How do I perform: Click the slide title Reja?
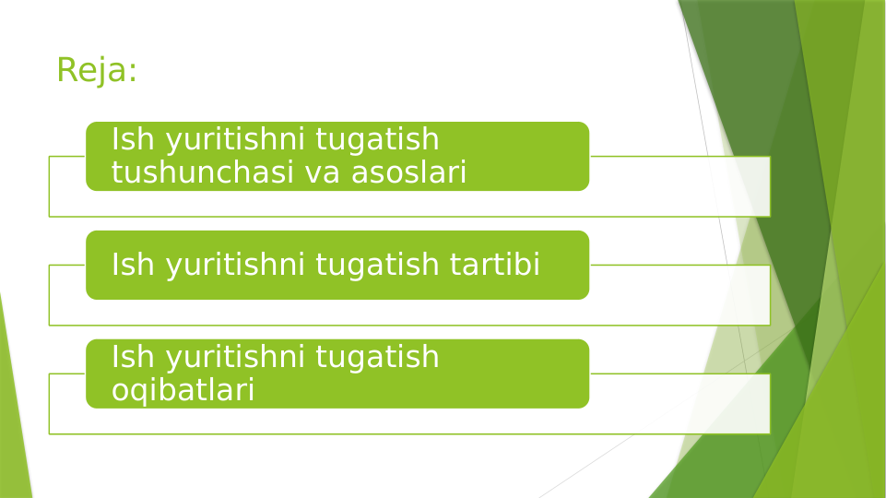point(97,70)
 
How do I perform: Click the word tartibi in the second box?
point(495,266)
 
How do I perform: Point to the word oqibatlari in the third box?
point(183,390)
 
